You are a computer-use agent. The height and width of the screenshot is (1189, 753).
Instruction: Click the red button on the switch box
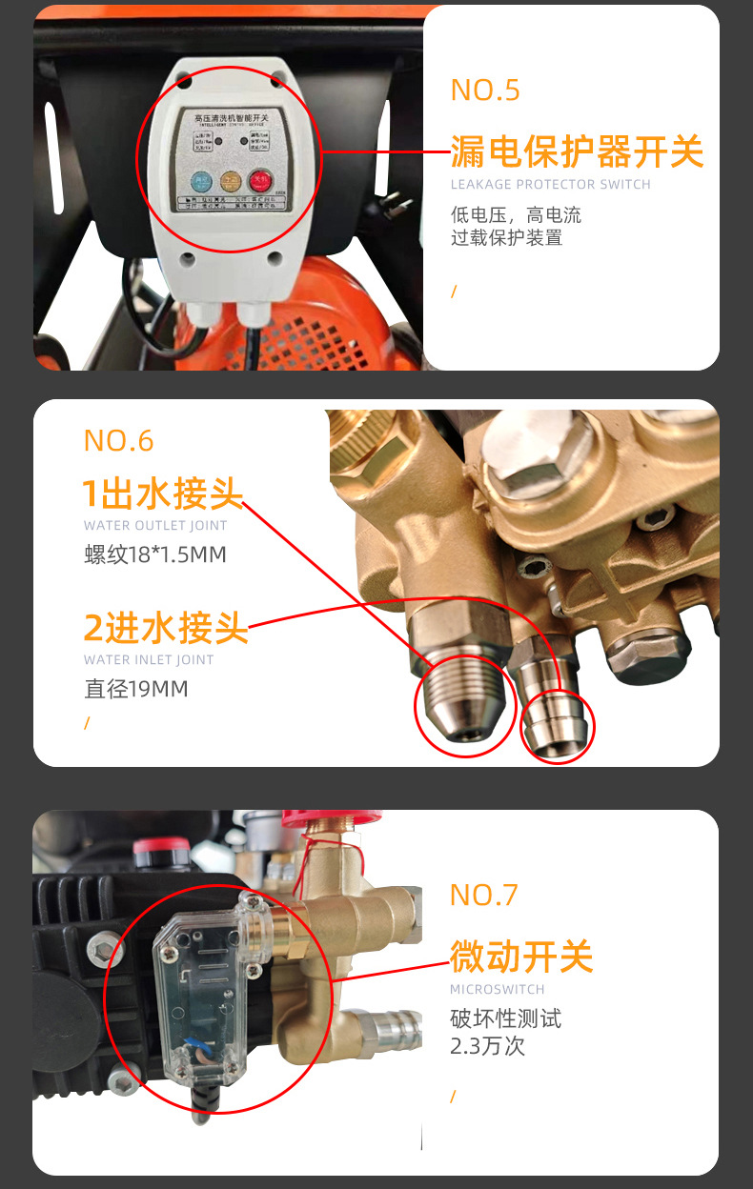(x=259, y=180)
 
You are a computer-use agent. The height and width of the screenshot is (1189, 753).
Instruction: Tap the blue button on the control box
(x=201, y=181)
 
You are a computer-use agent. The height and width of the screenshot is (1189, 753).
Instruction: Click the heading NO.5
(x=485, y=91)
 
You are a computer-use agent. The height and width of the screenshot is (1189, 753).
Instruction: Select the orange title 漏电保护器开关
(x=577, y=152)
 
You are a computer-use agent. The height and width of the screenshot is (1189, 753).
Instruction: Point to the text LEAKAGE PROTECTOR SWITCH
(x=550, y=185)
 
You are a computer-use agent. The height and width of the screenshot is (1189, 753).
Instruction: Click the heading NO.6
(x=118, y=440)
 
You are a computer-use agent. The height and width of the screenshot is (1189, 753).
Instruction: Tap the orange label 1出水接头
(x=163, y=494)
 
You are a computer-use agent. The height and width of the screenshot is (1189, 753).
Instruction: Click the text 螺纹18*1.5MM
(x=155, y=554)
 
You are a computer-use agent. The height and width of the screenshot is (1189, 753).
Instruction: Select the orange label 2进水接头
(x=166, y=629)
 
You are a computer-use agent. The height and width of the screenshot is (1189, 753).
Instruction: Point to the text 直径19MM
(x=136, y=689)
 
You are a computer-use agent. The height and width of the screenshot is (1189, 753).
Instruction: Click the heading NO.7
(x=484, y=896)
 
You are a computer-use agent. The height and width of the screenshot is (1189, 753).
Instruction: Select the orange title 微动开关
(x=521, y=957)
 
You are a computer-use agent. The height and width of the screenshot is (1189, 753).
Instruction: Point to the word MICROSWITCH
(x=498, y=990)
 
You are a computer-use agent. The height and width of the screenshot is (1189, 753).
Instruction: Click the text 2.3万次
(x=487, y=1046)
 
